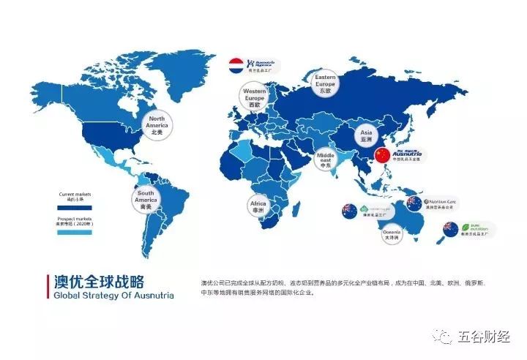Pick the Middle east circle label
click(326, 158)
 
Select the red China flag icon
click(382, 155)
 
